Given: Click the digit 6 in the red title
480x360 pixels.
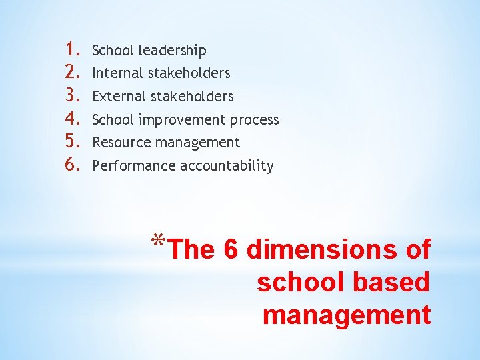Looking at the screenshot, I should coord(231,250).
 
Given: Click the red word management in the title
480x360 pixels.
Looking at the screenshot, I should coord(347,314).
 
